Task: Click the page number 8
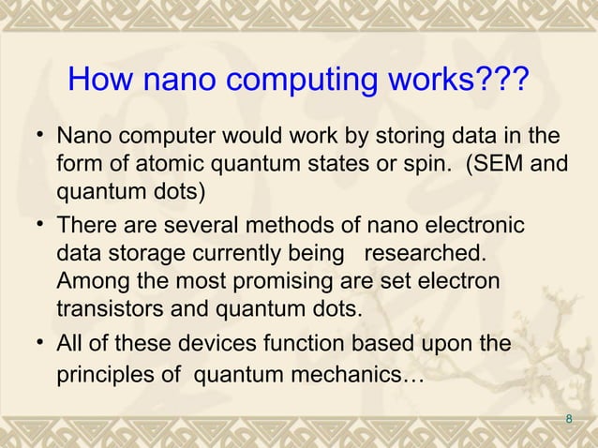(x=569, y=418)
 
